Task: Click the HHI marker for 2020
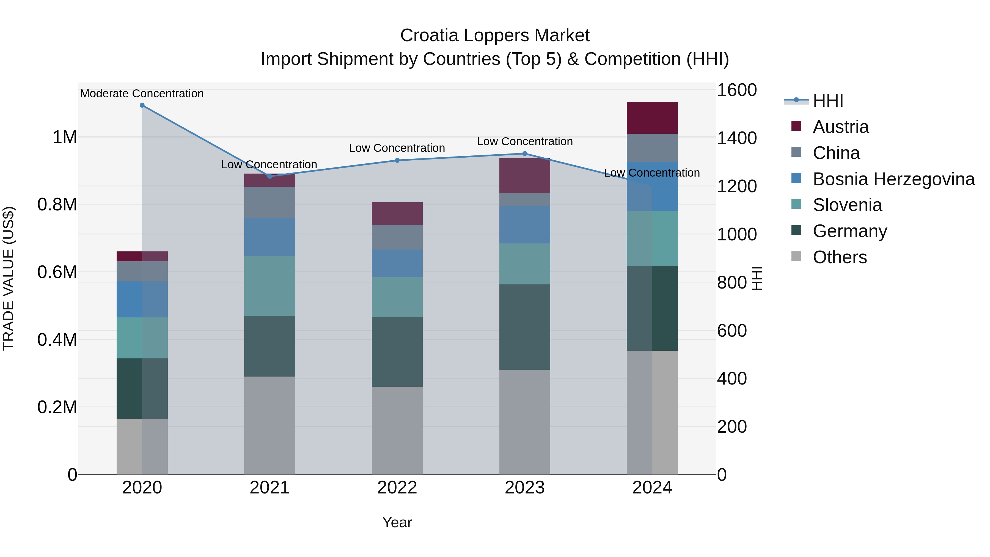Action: click(142, 105)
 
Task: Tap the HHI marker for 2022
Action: click(397, 160)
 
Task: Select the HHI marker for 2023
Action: click(525, 153)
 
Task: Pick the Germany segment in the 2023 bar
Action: click(525, 327)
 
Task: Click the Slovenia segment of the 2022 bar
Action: click(397, 297)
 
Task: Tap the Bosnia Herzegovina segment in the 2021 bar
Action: click(269, 237)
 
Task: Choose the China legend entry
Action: click(836, 153)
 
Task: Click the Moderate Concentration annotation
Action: click(142, 94)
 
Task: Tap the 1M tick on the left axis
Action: click(65, 137)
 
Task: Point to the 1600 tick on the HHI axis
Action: click(736, 90)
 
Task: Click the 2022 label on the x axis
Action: click(397, 488)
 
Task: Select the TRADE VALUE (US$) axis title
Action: click(9, 278)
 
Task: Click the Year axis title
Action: click(397, 522)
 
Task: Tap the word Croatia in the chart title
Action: click(429, 35)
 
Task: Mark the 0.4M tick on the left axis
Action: click(57, 340)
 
